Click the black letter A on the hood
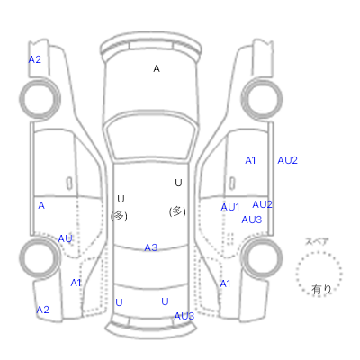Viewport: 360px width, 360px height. pyautogui.click(x=157, y=68)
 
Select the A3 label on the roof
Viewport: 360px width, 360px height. pyautogui.click(x=151, y=247)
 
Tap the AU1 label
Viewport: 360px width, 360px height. pyautogui.click(x=230, y=207)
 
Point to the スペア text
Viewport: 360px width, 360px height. pyautogui.click(x=317, y=241)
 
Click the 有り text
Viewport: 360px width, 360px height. pyautogui.click(x=321, y=290)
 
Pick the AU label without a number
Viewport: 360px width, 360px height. pyautogui.click(x=65, y=238)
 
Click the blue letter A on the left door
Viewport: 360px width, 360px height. pyautogui.click(x=41, y=205)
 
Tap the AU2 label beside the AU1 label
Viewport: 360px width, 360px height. pyautogui.click(x=263, y=204)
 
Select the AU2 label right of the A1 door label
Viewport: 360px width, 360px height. pyautogui.click(x=287, y=160)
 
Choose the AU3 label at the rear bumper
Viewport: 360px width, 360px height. pyautogui.click(x=184, y=316)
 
